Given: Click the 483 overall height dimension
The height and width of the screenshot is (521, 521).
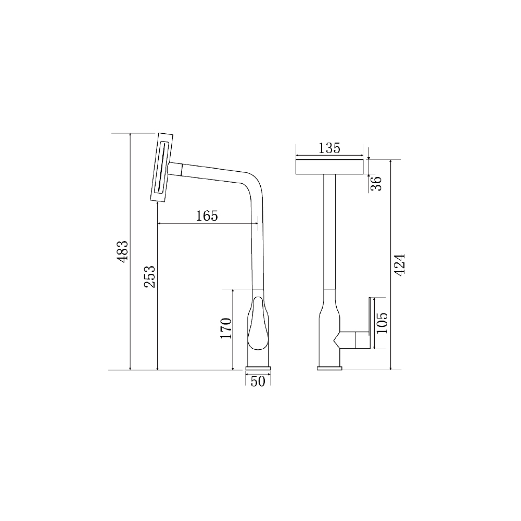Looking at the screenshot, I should pyautogui.click(x=122, y=251).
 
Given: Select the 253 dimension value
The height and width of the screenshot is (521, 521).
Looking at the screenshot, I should pyautogui.click(x=150, y=277).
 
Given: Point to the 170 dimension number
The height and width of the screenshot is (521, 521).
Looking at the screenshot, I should pyautogui.click(x=226, y=328).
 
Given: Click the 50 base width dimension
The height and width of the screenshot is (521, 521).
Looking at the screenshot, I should pyautogui.click(x=258, y=382).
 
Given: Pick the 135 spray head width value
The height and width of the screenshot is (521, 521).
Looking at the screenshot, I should pyautogui.click(x=329, y=148).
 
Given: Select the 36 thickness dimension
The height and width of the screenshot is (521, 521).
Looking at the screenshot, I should pyautogui.click(x=377, y=183).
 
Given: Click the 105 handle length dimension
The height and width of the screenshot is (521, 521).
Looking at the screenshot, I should pyautogui.click(x=381, y=323).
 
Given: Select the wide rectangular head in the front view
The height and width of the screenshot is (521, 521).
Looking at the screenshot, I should pyautogui.click(x=329, y=167).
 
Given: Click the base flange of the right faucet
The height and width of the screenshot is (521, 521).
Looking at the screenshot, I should pyautogui.click(x=329, y=369).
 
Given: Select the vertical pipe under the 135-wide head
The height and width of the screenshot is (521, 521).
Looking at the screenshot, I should pyautogui.click(x=329, y=234).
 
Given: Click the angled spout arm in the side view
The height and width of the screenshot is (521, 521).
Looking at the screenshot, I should pyautogui.click(x=213, y=173).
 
